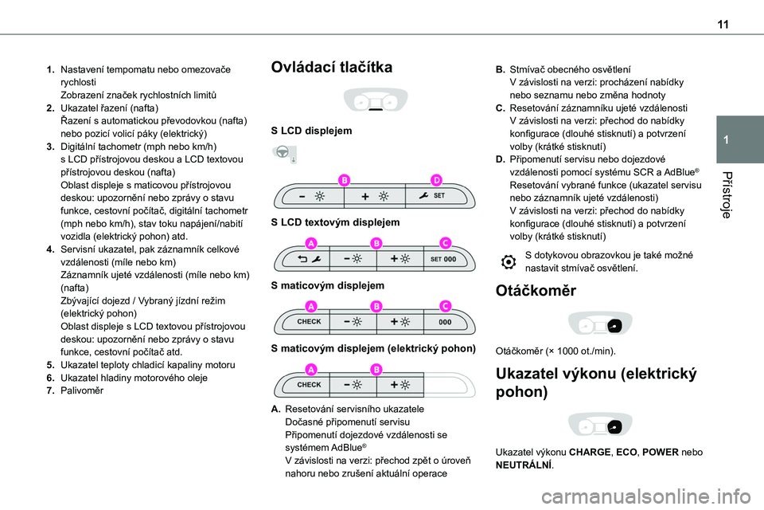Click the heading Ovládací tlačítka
pos(332,68)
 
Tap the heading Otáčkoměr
pos(536,291)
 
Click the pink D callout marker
pos(437,181)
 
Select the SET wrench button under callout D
pos(433,196)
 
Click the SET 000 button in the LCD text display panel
pos(442,258)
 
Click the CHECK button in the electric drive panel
pos(309,384)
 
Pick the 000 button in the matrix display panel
pos(445,321)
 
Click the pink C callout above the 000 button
pos(445,306)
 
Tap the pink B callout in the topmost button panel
pos(345,181)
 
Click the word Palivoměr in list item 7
pos(80,390)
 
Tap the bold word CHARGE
pos(589,452)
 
